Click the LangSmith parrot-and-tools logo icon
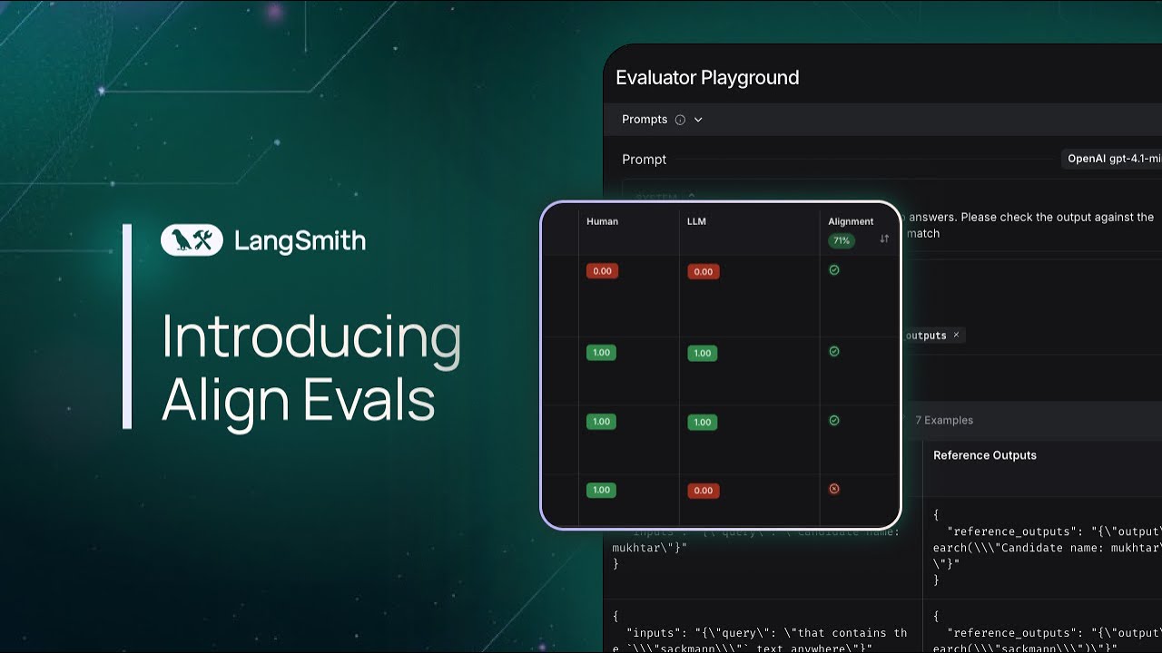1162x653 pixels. pyautogui.click(x=192, y=240)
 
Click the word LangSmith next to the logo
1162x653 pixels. pyautogui.click(x=300, y=241)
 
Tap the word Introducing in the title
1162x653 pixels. pyautogui.click(x=310, y=338)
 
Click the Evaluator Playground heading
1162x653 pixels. pyautogui.click(x=707, y=78)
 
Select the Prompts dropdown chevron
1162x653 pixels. pyautogui.click(x=698, y=120)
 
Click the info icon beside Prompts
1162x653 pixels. pyautogui.click(x=680, y=120)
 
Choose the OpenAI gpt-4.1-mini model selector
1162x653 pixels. pyautogui.click(x=1113, y=159)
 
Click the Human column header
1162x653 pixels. pyautogui.click(x=602, y=221)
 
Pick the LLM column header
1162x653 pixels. pyautogui.click(x=695, y=221)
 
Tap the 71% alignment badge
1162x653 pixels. pyautogui.click(x=841, y=241)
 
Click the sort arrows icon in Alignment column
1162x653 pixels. pyautogui.click(x=884, y=239)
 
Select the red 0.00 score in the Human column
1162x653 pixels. pyautogui.click(x=602, y=271)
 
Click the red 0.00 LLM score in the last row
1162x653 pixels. pyautogui.click(x=703, y=491)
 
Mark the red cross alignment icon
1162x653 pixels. pyautogui.click(x=834, y=489)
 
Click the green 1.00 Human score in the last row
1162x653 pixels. pyautogui.click(x=601, y=490)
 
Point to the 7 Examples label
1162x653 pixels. pyautogui.click(x=944, y=420)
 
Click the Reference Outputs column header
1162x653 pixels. pyautogui.click(x=985, y=455)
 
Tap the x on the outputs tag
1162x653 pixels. pyautogui.click(x=956, y=335)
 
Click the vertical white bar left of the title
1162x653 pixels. pyautogui.click(x=127, y=326)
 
